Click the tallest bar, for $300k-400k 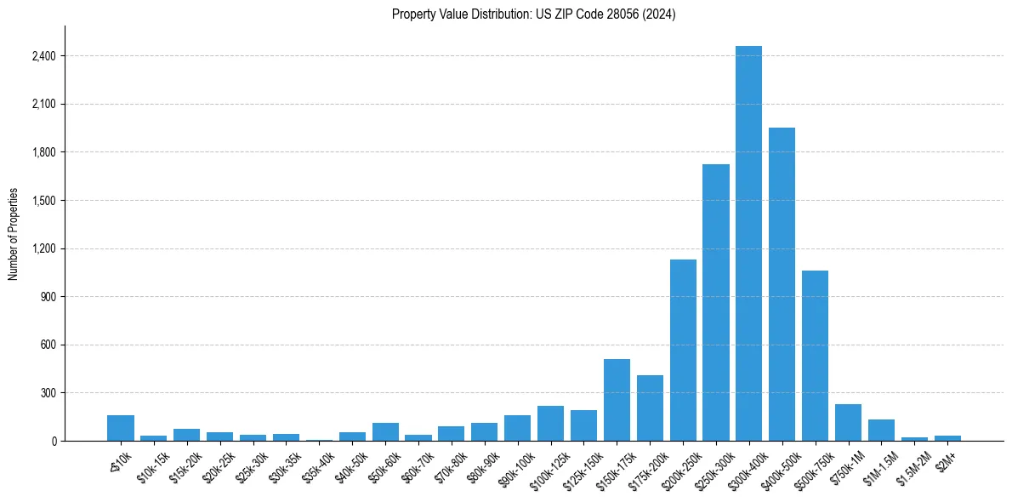pos(748,247)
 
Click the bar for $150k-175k pos(617,400)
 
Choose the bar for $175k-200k pos(650,408)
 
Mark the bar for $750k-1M pos(848,423)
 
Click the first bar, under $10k pos(121,428)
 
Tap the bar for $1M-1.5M pos(881,431)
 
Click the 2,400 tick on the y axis pos(43,56)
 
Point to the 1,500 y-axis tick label pos(43,201)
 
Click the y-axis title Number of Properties pos(14,234)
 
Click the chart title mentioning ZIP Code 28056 pos(533,14)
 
